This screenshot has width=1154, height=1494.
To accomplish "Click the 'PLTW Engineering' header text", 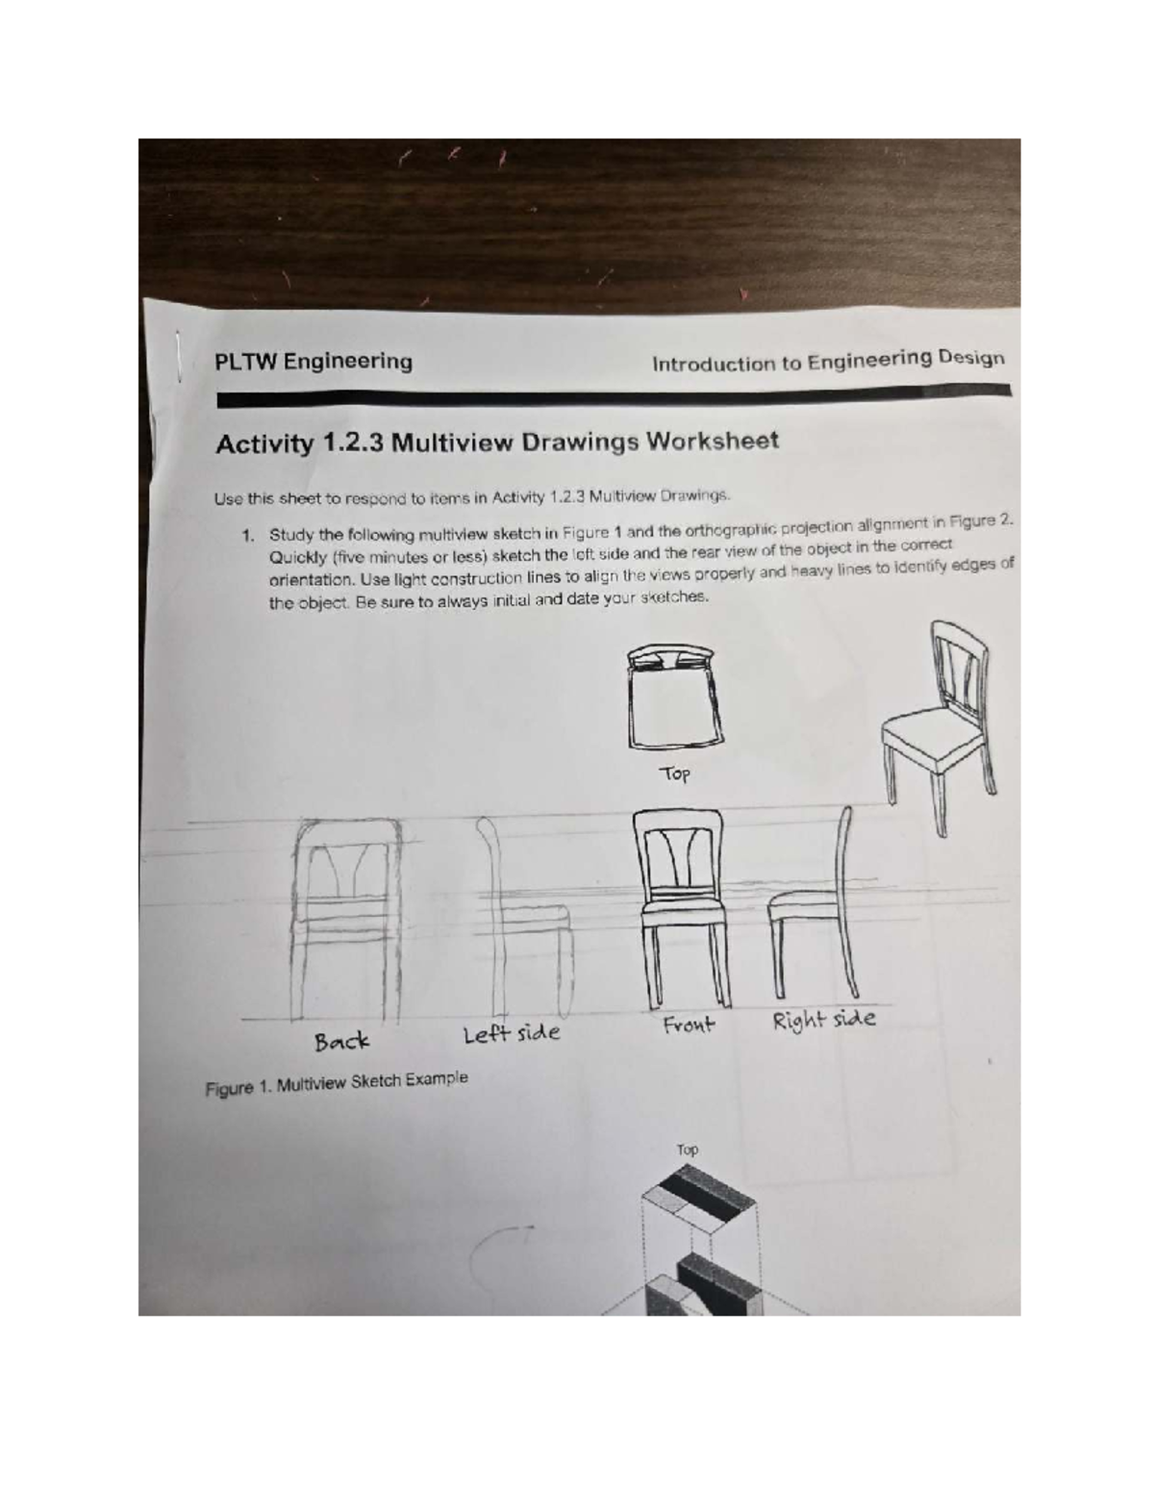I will coord(314,362).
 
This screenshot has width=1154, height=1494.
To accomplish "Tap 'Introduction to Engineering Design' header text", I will coord(828,362).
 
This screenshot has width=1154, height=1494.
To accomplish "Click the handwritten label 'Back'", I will coord(341,1042).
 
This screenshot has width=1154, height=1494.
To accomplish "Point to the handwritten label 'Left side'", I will coord(511,1034).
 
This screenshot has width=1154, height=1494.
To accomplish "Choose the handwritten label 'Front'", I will coord(689,1025).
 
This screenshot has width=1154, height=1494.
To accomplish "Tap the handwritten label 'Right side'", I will coord(824,1020).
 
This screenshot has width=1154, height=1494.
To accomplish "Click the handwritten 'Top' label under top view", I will coord(674,773).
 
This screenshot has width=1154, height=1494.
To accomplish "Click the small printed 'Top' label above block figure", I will coord(687,1150).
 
